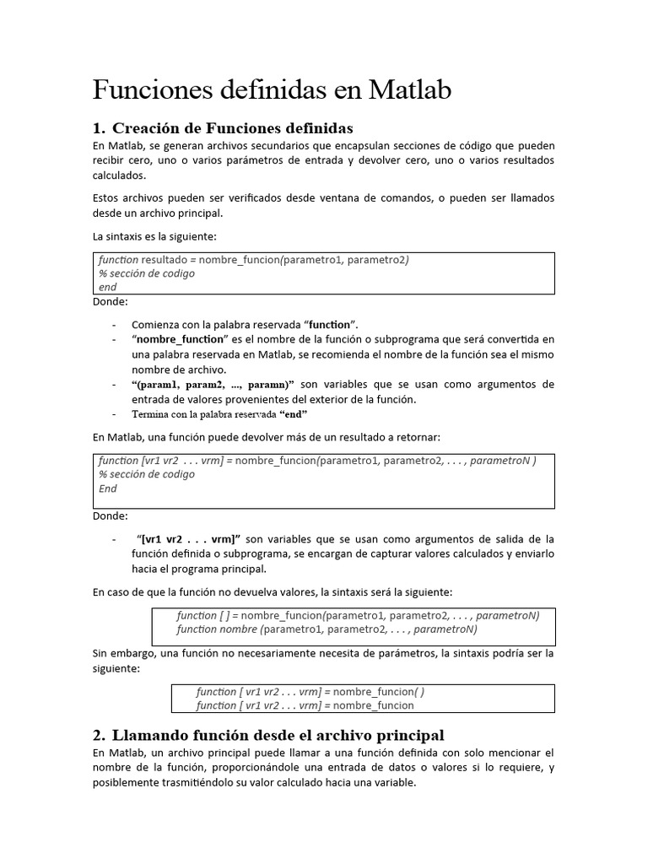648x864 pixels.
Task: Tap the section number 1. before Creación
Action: (99, 127)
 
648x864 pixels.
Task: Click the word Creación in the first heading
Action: (149, 127)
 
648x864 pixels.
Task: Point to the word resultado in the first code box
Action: (165, 260)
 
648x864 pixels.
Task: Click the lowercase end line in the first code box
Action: (107, 287)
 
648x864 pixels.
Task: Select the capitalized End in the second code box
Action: (108, 489)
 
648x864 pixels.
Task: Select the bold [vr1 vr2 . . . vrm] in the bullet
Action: (190, 538)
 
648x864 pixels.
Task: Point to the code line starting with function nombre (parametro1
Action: (327, 629)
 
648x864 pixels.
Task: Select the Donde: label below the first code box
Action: (110, 301)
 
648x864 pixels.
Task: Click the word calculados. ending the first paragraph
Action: (119, 175)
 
